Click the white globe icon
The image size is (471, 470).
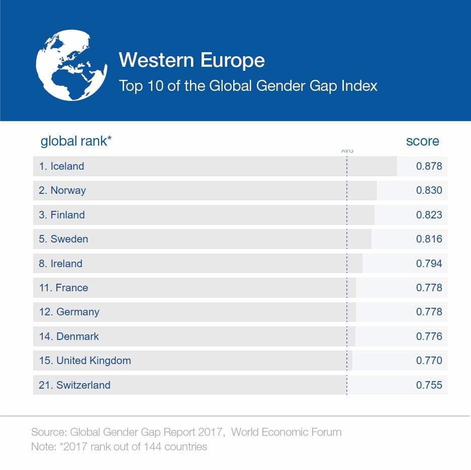coord(71,65)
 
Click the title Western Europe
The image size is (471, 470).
coord(192,60)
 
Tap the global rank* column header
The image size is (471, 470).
coord(76,141)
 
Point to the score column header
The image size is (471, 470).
coord(422,141)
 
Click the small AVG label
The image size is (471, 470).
coord(347,151)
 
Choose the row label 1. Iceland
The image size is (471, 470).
coord(61,166)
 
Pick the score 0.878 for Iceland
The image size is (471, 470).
coord(429,166)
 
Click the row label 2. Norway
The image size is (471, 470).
coord(62,190)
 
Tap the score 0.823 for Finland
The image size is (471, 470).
coord(429,215)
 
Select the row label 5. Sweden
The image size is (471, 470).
coord(63,239)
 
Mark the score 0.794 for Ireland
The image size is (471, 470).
coord(429,264)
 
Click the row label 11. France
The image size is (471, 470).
coord(63,288)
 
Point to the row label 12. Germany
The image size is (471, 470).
coord(69,312)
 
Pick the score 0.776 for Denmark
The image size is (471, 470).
coord(429,336)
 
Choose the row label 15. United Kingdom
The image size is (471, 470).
coord(84,361)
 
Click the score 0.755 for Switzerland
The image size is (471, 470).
coord(429,385)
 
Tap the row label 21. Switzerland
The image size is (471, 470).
coord(74,385)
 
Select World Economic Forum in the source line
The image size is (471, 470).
coord(286,432)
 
